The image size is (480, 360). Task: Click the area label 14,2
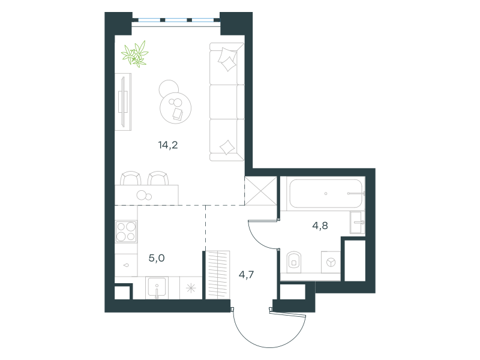point(168,145)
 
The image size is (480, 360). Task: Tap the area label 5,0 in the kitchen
point(157,258)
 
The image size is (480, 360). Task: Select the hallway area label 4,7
point(246,275)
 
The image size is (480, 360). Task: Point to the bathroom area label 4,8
point(320,226)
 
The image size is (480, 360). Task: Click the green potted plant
point(135,54)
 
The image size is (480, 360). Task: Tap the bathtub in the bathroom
point(326,193)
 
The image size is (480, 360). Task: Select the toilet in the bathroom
point(294,262)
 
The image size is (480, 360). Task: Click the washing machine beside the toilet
point(331,262)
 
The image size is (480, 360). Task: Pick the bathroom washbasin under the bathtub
point(357,223)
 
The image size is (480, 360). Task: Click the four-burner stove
point(126,232)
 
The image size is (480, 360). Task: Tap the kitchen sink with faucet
point(157,288)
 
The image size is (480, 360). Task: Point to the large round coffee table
point(175,108)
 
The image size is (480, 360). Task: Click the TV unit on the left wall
point(123,102)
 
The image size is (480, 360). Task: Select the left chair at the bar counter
point(131,178)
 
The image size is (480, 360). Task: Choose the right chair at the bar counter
point(158,178)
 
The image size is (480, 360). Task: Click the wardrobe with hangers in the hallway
point(217,275)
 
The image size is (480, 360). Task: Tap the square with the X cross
point(261,191)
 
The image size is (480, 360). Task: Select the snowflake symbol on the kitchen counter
point(191,288)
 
